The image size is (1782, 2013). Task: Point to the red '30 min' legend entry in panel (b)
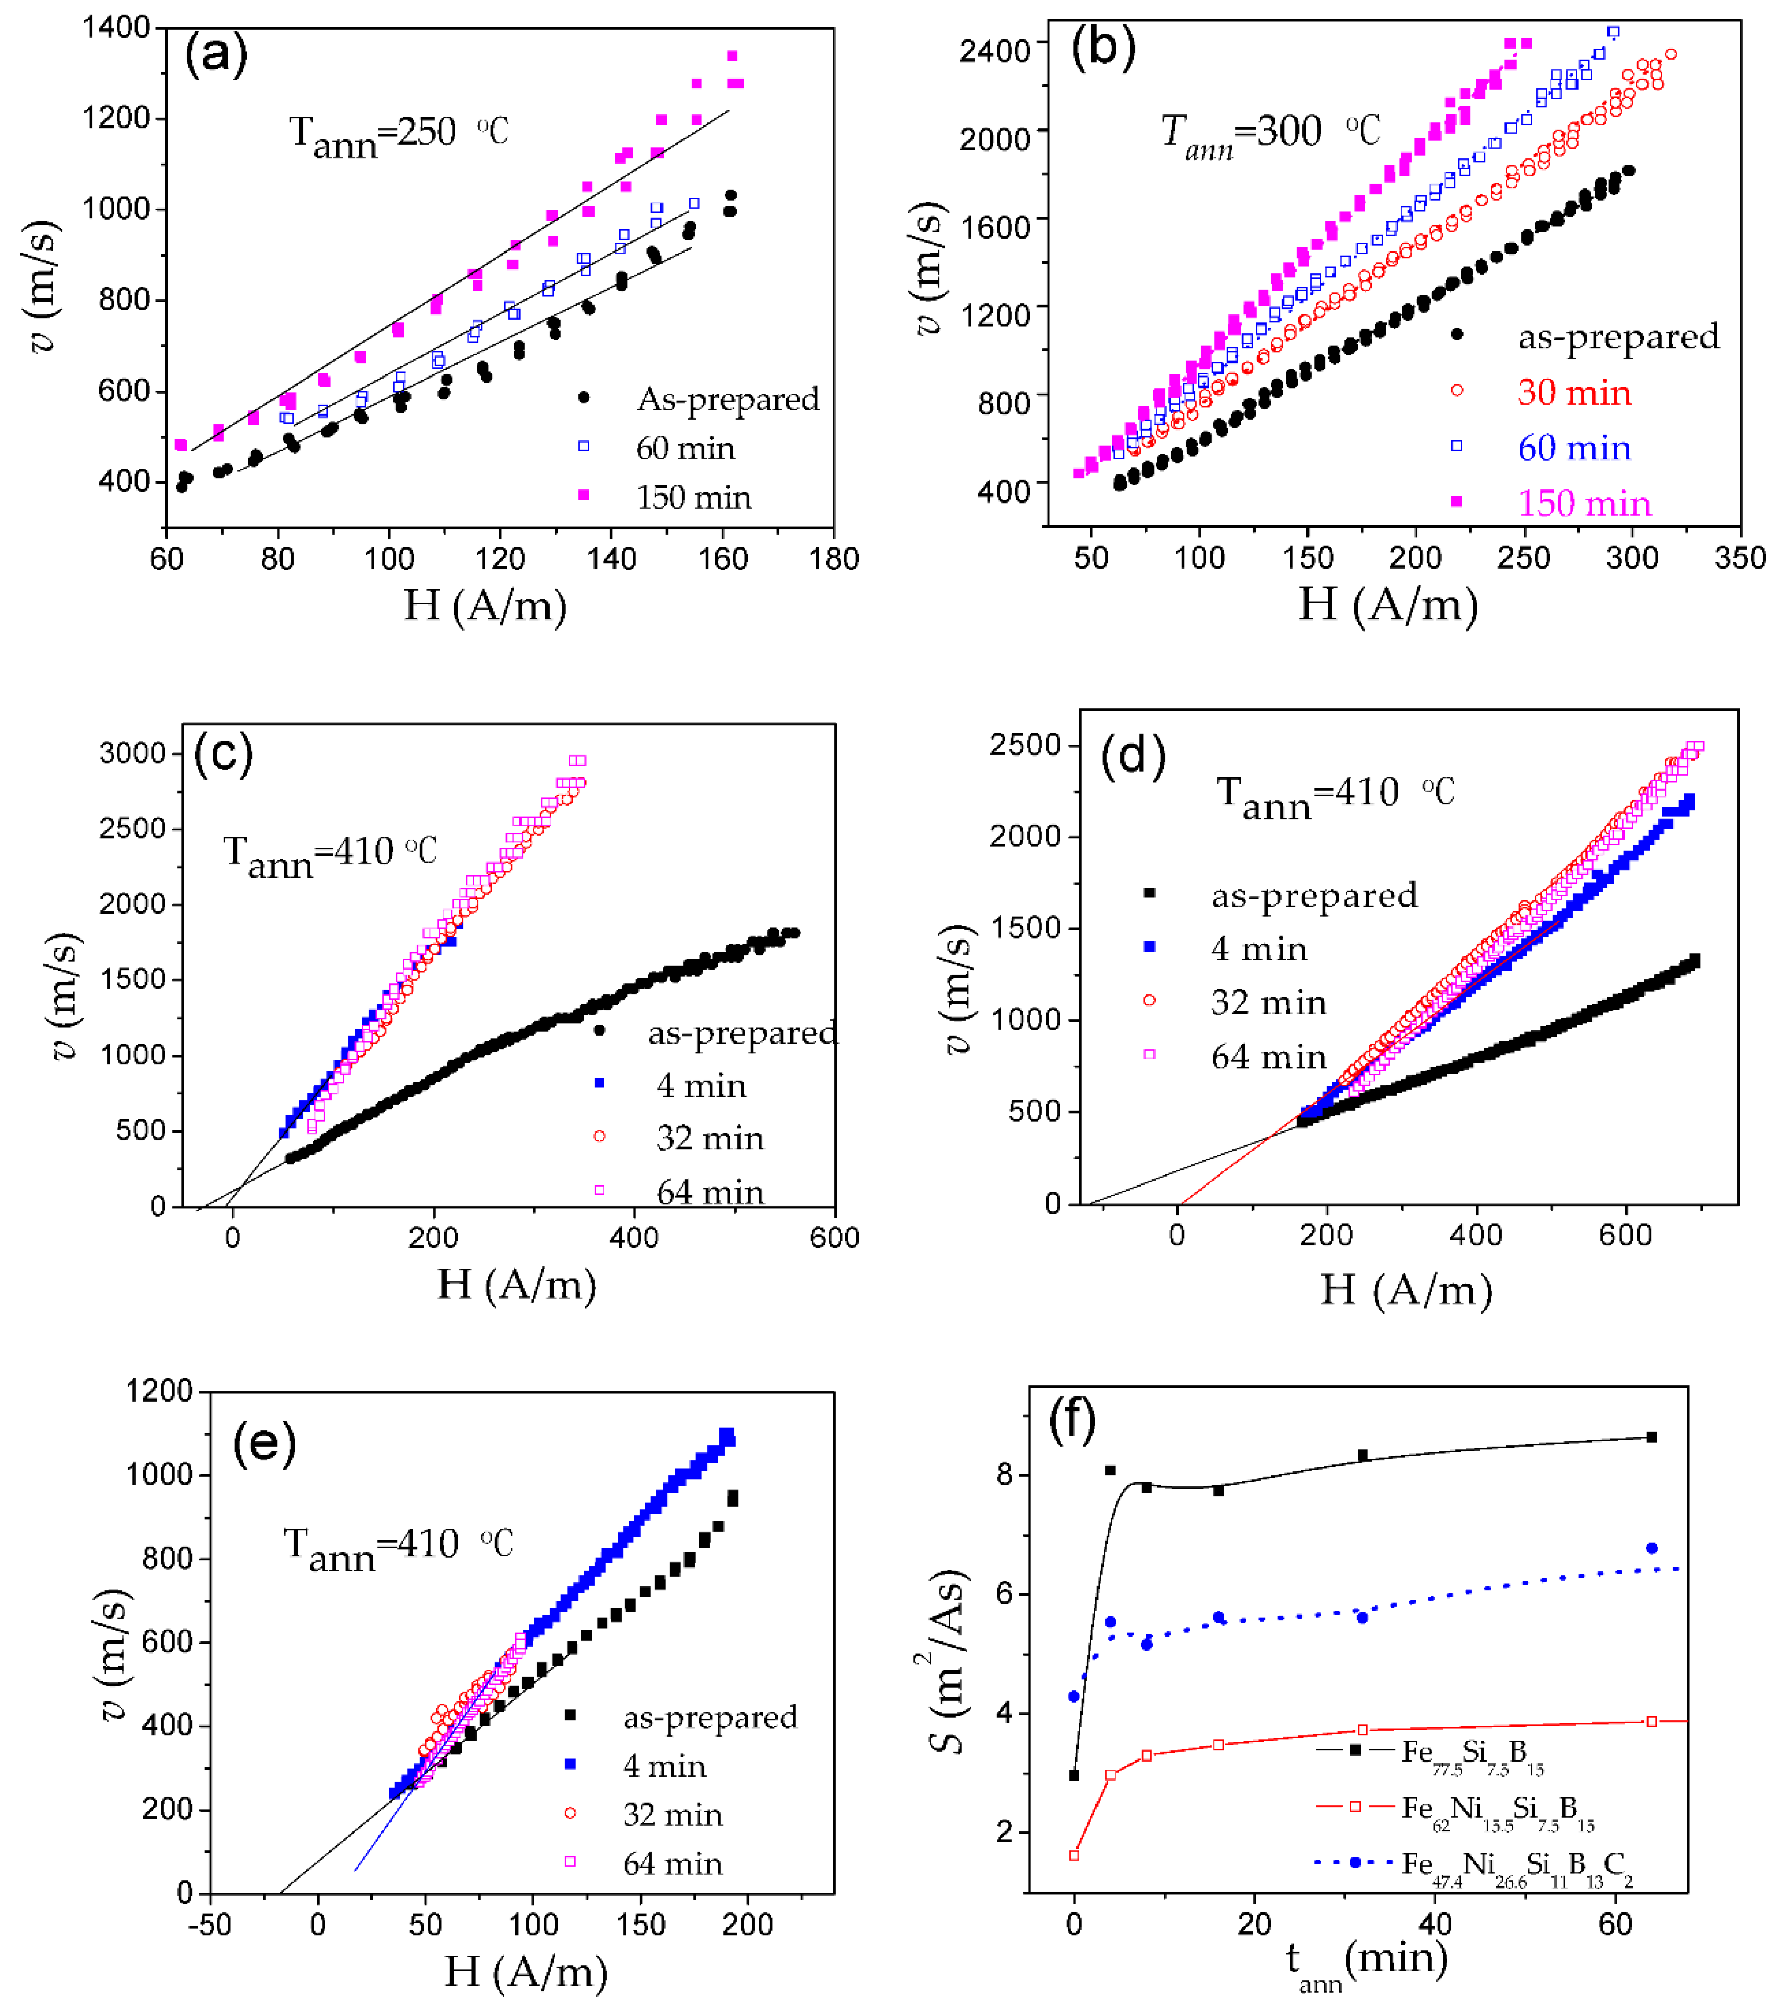(1573, 392)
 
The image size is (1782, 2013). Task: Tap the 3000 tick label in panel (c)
(132, 753)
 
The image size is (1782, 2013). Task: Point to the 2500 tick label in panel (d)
(1025, 744)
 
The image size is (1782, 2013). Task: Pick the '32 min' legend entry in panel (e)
(672, 1814)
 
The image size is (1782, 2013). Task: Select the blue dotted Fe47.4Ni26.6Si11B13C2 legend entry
(1516, 1864)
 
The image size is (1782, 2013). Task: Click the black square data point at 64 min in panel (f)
(1651, 1437)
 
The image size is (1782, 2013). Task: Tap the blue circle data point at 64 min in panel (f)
(1651, 1548)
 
